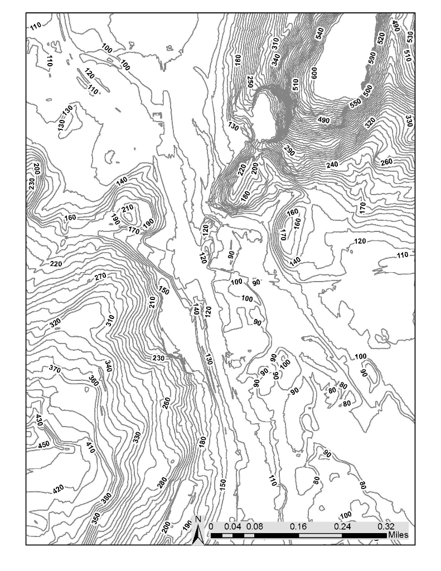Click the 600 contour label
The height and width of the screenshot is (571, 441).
314,72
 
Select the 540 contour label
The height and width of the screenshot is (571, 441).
319,33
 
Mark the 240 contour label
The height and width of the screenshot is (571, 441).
332,164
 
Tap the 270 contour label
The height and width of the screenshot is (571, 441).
100,277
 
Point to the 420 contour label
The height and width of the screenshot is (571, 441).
58,490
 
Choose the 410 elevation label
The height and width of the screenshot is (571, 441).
90,447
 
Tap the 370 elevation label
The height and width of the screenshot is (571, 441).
55,369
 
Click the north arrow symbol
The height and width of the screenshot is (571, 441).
198,530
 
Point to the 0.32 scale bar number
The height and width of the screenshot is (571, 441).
386,526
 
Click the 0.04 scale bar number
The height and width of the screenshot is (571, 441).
232,526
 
